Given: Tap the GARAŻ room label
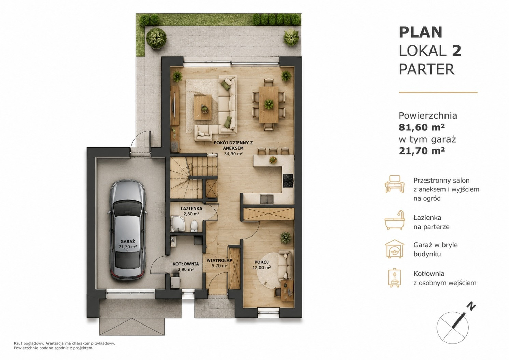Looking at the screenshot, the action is (128, 241).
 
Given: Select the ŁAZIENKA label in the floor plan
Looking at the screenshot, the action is (191, 208).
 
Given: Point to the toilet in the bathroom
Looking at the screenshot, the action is (194, 226).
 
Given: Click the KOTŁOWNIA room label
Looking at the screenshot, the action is (186, 264).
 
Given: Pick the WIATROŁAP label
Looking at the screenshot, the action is (219, 260).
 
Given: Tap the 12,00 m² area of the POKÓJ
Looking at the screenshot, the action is (261, 267).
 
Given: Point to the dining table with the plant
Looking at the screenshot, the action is (269, 104).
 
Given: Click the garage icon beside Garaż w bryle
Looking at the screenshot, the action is (395, 249).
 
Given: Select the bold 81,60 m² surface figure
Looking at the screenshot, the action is (422, 127).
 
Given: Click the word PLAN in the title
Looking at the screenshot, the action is (421, 32).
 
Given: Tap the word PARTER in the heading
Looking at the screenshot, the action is (427, 70).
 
